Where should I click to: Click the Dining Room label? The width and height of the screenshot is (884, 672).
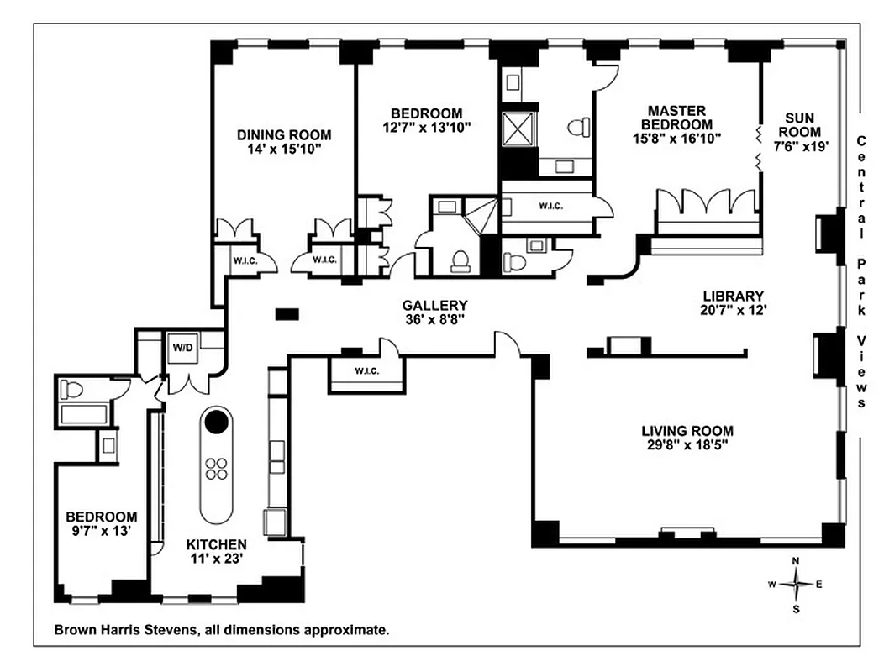click(x=283, y=134)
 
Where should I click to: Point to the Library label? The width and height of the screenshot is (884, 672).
click(x=733, y=296)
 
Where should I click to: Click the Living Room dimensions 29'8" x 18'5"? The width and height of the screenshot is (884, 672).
click(x=685, y=445)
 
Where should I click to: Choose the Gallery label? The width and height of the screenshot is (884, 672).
click(x=434, y=305)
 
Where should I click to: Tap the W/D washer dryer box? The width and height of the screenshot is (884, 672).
click(x=182, y=348)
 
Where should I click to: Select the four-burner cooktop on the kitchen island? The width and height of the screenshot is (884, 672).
click(x=217, y=468)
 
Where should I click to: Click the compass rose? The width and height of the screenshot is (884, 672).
click(x=795, y=584)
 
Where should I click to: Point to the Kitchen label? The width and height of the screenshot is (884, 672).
click(x=216, y=544)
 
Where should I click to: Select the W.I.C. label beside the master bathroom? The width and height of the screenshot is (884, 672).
click(x=550, y=207)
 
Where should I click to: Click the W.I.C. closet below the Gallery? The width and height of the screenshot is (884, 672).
click(x=366, y=371)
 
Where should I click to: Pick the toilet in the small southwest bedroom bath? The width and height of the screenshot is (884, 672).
click(x=72, y=390)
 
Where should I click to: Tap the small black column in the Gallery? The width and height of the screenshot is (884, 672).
click(x=287, y=314)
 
